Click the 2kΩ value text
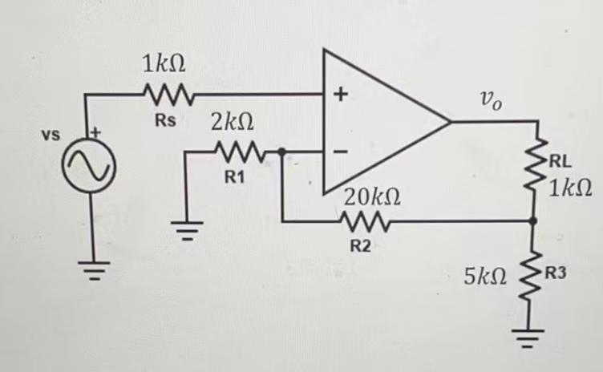coord(233,123)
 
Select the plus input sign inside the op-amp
coord(340,95)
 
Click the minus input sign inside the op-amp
coord(340,150)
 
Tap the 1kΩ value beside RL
coord(571,189)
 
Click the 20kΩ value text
coord(372,196)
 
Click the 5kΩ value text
coord(486,277)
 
